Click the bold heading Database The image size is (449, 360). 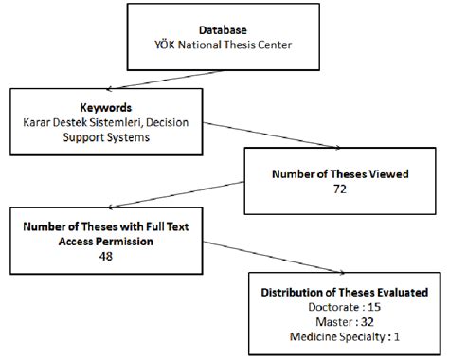click(x=221, y=29)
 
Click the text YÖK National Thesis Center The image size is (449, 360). click(x=221, y=44)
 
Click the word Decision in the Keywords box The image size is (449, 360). click(x=194, y=122)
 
